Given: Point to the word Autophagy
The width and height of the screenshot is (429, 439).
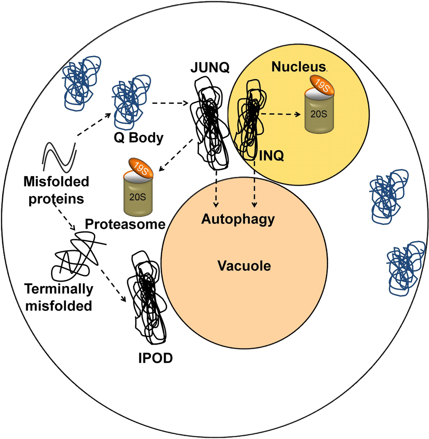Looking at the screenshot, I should tap(238, 219).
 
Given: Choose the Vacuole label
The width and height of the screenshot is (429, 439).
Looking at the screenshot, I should tap(244, 266).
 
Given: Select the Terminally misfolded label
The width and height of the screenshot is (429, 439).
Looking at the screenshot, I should tap(58, 297).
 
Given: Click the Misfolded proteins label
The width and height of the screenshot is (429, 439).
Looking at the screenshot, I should tap(56, 189).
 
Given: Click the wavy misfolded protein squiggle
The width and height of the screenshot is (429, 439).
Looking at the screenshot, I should tap(60, 157).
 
